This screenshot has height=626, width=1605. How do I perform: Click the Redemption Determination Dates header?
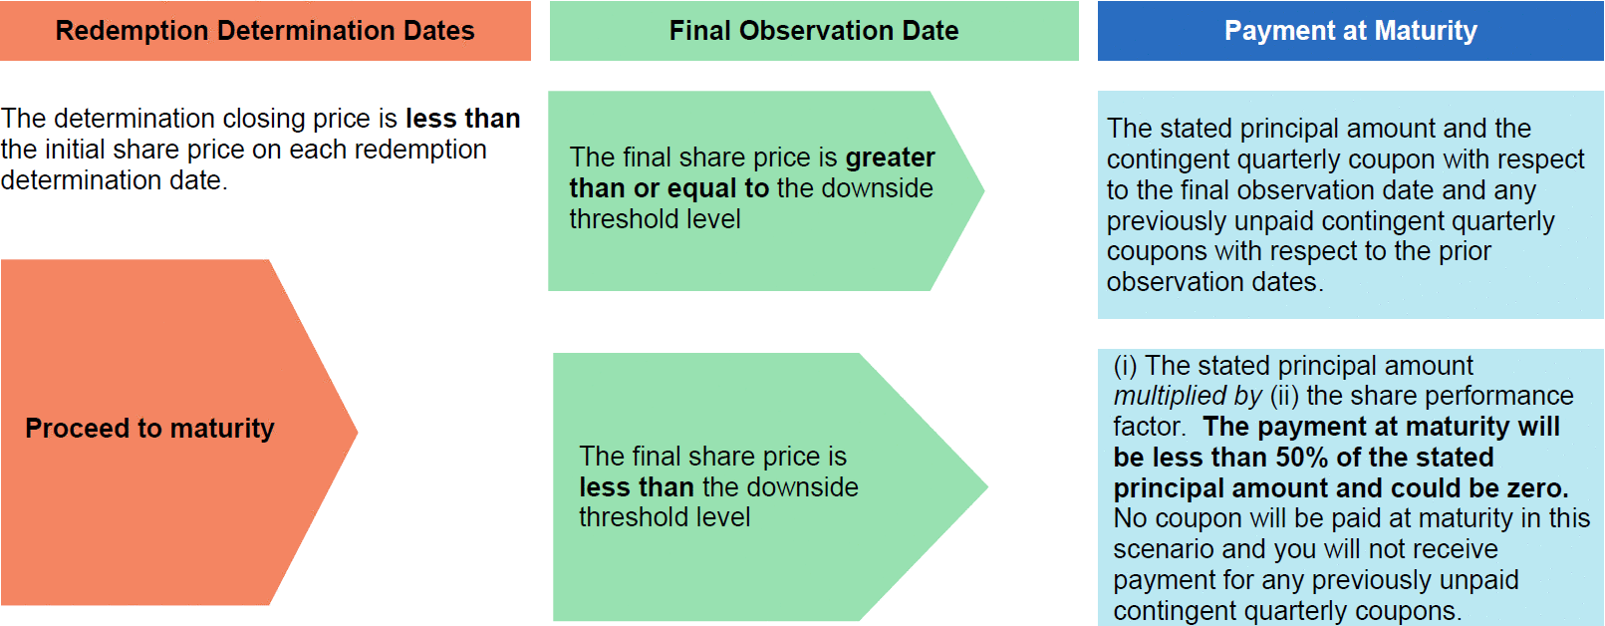[265, 31]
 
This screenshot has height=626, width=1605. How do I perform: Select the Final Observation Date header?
[814, 31]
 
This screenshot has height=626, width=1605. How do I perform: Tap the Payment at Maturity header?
[1351, 31]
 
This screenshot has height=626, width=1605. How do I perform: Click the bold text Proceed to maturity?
[149, 428]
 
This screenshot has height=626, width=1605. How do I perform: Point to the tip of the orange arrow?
[357, 432]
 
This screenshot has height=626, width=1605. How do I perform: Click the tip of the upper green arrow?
[983, 190]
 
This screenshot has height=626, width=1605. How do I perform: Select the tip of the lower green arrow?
[987, 486]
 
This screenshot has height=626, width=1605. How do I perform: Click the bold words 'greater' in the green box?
[890, 157]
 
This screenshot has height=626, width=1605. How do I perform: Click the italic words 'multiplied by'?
[1188, 396]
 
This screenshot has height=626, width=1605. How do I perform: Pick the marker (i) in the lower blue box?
[1125, 366]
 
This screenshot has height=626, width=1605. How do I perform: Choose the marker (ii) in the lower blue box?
[1285, 396]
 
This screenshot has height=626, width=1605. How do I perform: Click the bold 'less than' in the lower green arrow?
[637, 487]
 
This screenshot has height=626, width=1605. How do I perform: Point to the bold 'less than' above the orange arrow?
[463, 119]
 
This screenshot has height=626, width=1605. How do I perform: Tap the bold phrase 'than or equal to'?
[669, 188]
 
